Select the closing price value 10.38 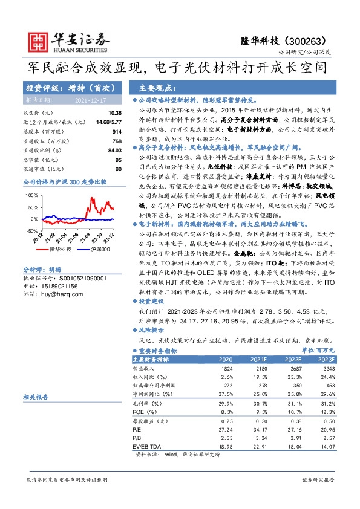[x=115, y=113]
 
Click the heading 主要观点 [x=156, y=87]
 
